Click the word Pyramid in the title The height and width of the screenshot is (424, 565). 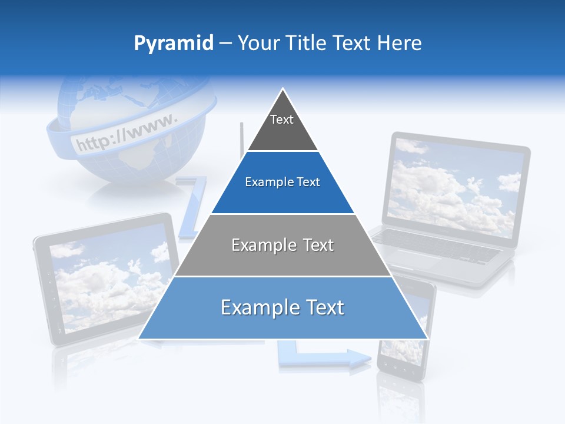click(173, 44)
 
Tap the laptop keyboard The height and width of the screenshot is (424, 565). click(436, 245)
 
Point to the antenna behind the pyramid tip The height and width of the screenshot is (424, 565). click(241, 138)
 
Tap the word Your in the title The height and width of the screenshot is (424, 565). click(259, 43)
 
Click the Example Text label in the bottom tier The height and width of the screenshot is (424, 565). click(282, 307)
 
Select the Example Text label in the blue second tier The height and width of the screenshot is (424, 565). click(282, 182)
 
